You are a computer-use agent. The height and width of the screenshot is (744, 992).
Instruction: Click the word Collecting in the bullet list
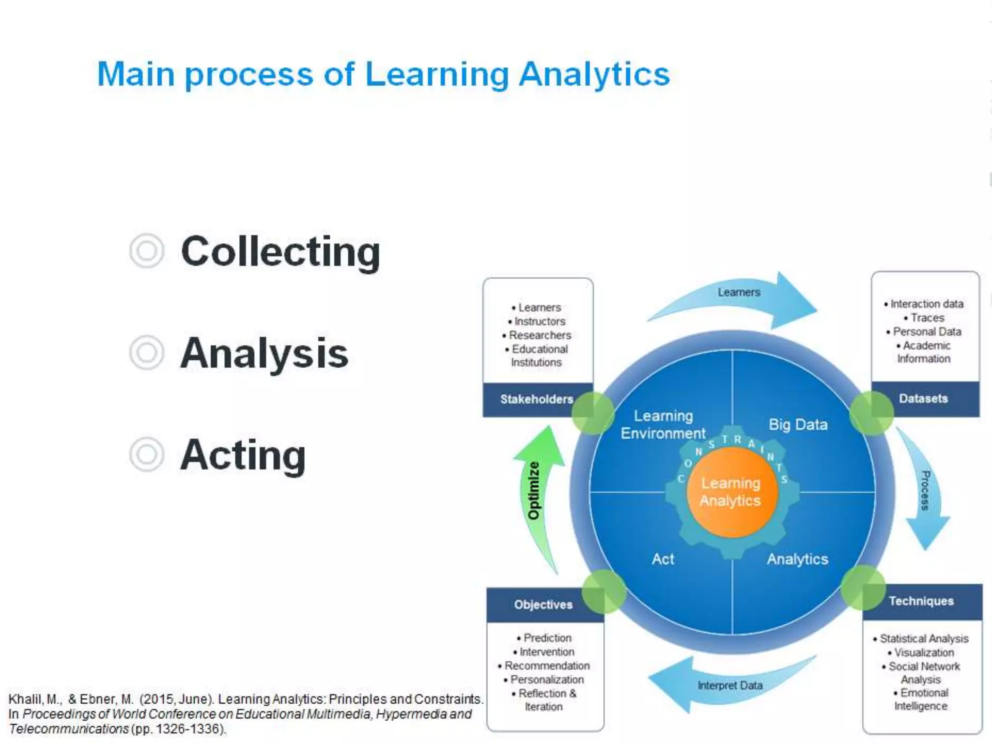[280, 252]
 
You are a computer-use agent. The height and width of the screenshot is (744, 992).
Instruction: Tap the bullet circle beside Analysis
[146, 353]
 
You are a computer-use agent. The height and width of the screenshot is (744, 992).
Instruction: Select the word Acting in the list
[243, 455]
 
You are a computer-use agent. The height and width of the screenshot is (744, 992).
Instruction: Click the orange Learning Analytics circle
[731, 492]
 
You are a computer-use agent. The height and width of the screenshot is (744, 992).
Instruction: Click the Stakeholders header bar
[536, 399]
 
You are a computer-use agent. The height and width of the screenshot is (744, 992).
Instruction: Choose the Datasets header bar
[923, 399]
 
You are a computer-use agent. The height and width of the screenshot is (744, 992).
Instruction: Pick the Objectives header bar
[543, 604]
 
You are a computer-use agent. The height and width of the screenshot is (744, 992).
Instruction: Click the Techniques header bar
[921, 601]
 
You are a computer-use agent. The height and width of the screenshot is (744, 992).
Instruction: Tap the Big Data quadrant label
[798, 424]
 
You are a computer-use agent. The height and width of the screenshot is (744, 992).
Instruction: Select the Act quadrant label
[663, 559]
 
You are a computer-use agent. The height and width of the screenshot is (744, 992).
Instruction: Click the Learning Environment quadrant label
[663, 424]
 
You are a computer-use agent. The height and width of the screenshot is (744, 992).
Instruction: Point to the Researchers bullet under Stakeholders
[540, 335]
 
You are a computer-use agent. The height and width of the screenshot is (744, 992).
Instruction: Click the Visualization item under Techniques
[924, 652]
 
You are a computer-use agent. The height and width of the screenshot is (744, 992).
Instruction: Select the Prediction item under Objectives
[547, 638]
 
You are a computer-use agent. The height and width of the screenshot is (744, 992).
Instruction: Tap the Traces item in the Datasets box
[927, 318]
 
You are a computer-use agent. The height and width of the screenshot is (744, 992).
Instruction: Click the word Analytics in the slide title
[594, 75]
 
